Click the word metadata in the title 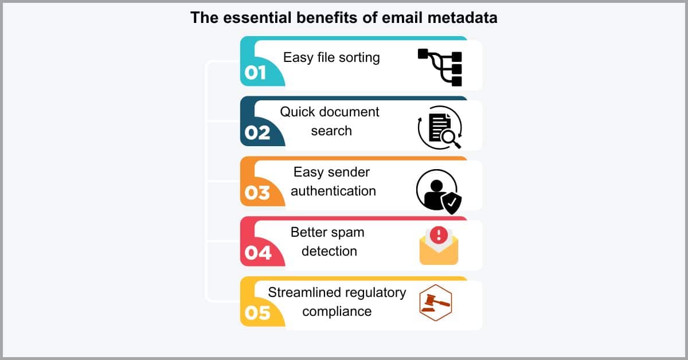coord(462,18)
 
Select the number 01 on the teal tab coord(255,73)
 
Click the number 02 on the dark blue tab coord(257,132)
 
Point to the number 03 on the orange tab coord(257,193)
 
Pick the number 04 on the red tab coord(258,253)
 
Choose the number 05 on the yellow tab coord(257,313)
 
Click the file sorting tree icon coord(440,67)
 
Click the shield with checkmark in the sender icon coord(451,203)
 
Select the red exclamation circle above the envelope coord(439,235)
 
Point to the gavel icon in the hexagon coord(436,303)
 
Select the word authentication coord(333,191)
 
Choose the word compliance coord(337,312)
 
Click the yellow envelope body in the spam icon coord(439,254)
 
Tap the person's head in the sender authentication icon coord(436,186)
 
